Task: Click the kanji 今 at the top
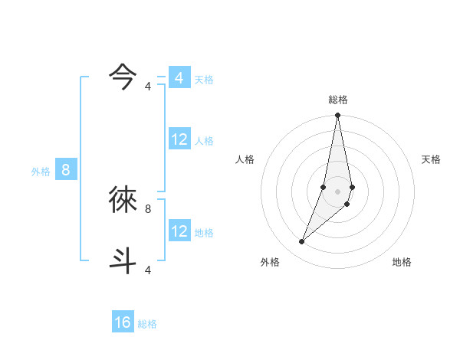pos(123,76)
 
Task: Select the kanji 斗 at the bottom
pos(123,258)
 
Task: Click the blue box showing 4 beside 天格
pos(179,78)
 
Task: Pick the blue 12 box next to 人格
pos(179,139)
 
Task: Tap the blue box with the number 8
pos(66,170)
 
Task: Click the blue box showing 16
pos(123,322)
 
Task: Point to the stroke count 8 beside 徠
pos(148,208)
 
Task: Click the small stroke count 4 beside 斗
pos(148,270)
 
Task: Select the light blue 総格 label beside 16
pos(147,324)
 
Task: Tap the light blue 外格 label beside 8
pos(41,172)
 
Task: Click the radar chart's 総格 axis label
pos(338,100)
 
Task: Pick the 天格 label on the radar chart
pos(431,159)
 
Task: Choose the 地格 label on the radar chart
pos(402,262)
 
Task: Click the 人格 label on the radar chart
pos(245,159)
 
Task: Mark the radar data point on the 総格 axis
pos(338,116)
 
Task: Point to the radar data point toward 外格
pos(302,242)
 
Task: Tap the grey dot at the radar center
pos(338,191)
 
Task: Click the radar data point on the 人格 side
pos(324,187)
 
